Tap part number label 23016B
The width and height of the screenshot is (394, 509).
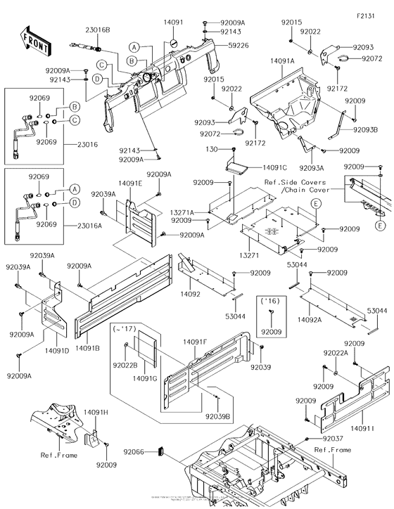pos(98,30)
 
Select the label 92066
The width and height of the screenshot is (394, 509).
pos(134,452)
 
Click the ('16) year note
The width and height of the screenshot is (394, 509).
pos(269,299)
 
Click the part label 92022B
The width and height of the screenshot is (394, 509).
pos(126,365)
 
